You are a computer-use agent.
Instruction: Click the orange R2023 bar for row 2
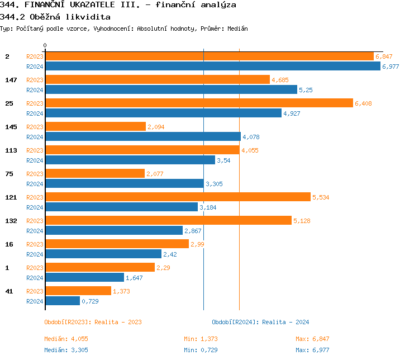tap(209, 56)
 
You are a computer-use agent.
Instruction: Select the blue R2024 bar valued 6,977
tap(212, 67)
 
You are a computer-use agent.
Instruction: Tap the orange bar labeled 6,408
tap(199, 103)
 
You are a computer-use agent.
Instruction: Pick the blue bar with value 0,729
tap(63, 301)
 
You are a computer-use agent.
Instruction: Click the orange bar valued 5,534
tap(178, 197)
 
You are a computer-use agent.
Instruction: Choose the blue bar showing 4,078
tap(142, 137)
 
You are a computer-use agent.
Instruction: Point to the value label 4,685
tap(280, 80)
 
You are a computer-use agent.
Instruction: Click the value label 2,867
tap(193, 231)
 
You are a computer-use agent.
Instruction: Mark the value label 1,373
tap(121, 291)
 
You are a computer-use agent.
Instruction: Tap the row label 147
tap(11, 80)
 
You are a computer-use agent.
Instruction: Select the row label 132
tap(11, 221)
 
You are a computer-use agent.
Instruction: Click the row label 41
tap(9, 291)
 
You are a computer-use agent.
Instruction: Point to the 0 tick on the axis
tap(45, 45)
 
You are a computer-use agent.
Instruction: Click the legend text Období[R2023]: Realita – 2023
tap(93, 322)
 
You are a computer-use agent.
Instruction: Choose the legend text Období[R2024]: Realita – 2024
tap(260, 322)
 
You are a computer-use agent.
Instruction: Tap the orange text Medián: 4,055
tap(66, 339)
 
